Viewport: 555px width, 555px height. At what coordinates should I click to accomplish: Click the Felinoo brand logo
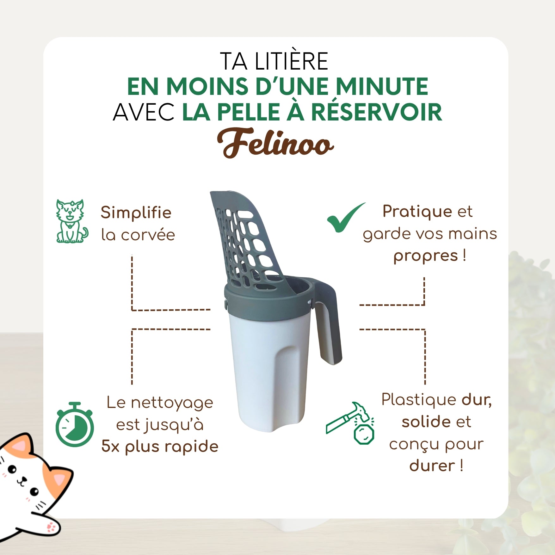(275, 143)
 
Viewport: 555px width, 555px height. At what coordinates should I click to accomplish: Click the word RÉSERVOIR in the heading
(377, 112)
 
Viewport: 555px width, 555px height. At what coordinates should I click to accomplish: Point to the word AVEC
(144, 112)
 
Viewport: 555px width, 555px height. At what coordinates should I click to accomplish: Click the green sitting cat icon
(72, 221)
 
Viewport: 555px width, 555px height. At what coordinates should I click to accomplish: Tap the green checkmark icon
(346, 217)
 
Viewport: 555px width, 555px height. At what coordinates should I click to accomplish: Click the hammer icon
(350, 423)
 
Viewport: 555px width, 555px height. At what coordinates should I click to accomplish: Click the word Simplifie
(136, 213)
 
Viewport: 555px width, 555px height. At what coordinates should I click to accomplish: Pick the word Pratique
(417, 212)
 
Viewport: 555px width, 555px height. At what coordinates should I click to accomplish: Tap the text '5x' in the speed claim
(110, 446)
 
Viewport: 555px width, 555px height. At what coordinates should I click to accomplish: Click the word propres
(426, 256)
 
